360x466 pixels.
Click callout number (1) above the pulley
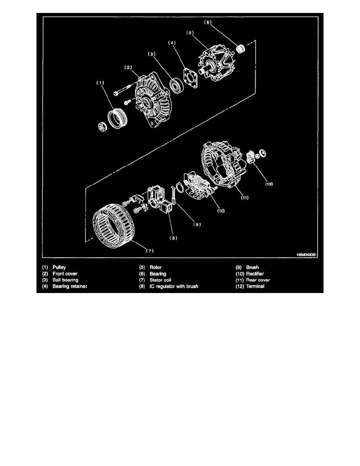pyautogui.click(x=100, y=83)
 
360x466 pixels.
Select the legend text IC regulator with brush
pyautogui.click(x=174, y=286)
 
